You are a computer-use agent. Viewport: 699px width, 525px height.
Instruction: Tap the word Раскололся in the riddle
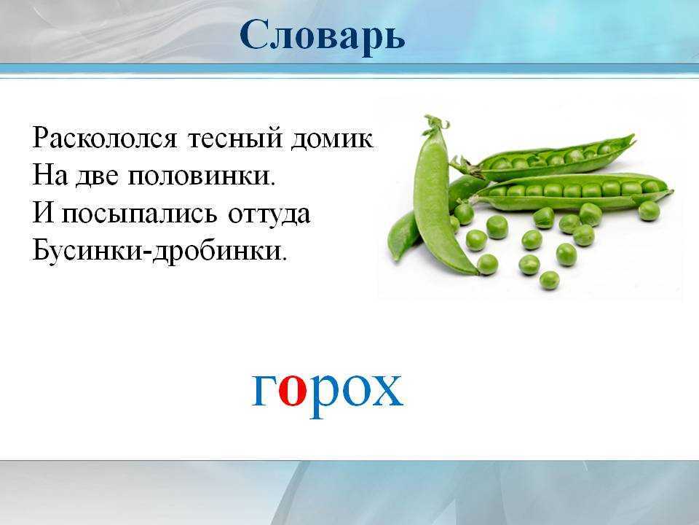pos(105,138)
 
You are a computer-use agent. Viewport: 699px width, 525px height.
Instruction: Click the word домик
pos(332,139)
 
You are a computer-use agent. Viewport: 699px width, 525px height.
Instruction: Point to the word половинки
pos(202,176)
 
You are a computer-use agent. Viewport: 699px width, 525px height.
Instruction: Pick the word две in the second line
pos(97,176)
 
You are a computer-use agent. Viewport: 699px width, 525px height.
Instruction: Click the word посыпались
pos(139,214)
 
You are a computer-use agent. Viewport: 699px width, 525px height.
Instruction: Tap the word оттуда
pos(269,214)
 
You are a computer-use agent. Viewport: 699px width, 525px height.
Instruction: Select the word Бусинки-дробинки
pos(159,252)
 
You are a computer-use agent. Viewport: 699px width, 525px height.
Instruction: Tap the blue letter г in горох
pos(264,390)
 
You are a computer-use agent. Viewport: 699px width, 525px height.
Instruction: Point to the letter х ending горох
pos(387,390)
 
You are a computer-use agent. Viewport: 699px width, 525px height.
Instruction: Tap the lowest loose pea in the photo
pos(549,280)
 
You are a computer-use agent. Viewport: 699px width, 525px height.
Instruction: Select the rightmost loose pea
pos(649,211)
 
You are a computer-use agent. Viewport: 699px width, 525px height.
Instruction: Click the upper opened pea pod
pos(544,158)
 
